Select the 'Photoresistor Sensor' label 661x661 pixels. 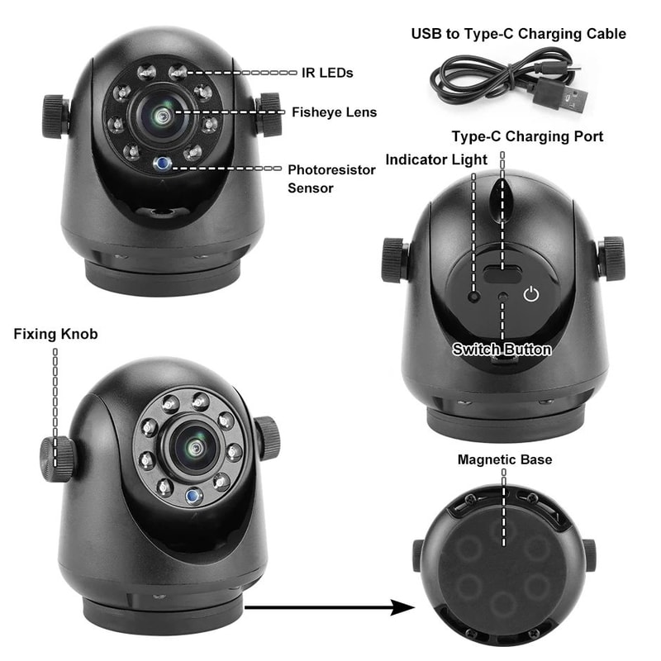[x=331, y=178]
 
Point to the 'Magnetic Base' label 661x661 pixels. [x=504, y=459]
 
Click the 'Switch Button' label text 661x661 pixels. [x=502, y=350]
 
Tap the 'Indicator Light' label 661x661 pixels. [x=437, y=158]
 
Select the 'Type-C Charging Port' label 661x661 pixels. [x=527, y=136]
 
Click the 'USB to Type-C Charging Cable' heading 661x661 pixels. [x=518, y=34]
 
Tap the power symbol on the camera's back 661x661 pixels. [x=532, y=293]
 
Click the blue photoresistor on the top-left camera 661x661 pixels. [x=164, y=163]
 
